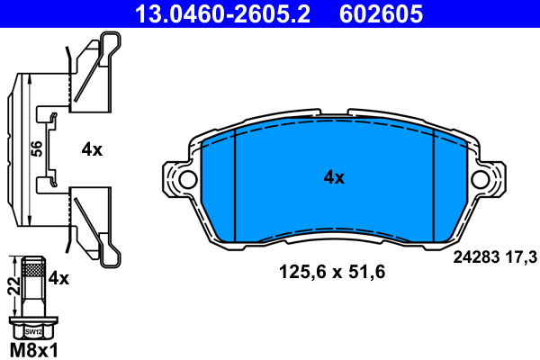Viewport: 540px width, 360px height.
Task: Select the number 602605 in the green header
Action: tap(381, 13)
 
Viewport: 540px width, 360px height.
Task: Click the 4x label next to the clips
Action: tap(92, 150)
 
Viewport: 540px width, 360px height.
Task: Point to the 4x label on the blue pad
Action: tap(334, 177)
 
